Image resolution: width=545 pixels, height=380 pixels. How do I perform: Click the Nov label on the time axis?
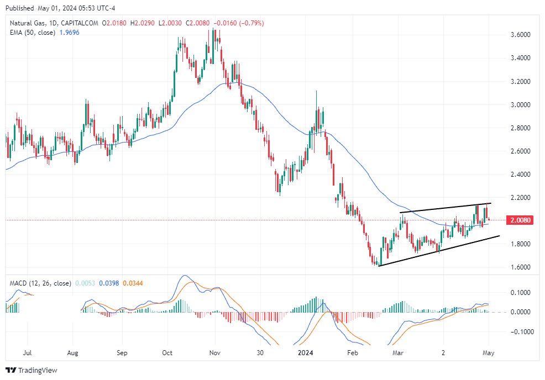pyautogui.click(x=216, y=351)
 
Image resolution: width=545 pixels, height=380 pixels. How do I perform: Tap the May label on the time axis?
pyautogui.click(x=488, y=351)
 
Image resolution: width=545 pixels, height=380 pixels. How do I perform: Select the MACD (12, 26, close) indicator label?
pyautogui.click(x=40, y=283)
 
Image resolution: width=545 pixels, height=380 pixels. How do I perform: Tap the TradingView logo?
pyautogui.click(x=32, y=370)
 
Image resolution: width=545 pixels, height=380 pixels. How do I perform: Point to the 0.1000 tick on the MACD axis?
pyautogui.click(x=523, y=292)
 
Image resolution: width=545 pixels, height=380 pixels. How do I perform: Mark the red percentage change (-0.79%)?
pyautogui.click(x=252, y=23)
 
